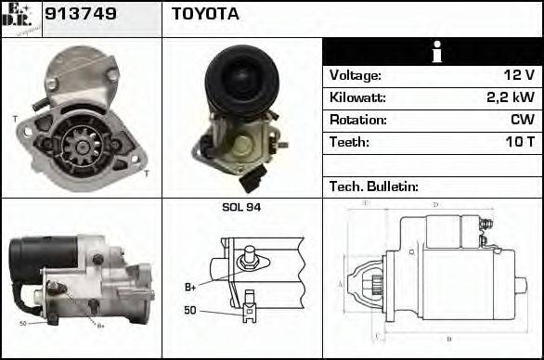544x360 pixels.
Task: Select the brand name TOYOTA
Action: (x=205, y=14)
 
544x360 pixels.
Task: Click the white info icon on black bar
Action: (x=432, y=52)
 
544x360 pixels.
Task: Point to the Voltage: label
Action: (x=355, y=75)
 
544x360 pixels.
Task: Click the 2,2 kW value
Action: (x=511, y=97)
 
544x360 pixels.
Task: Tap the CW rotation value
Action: (x=523, y=120)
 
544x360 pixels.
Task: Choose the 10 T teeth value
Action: (x=519, y=142)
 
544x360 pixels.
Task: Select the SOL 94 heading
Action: (x=241, y=207)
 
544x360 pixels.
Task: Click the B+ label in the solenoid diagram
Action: (x=190, y=286)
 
